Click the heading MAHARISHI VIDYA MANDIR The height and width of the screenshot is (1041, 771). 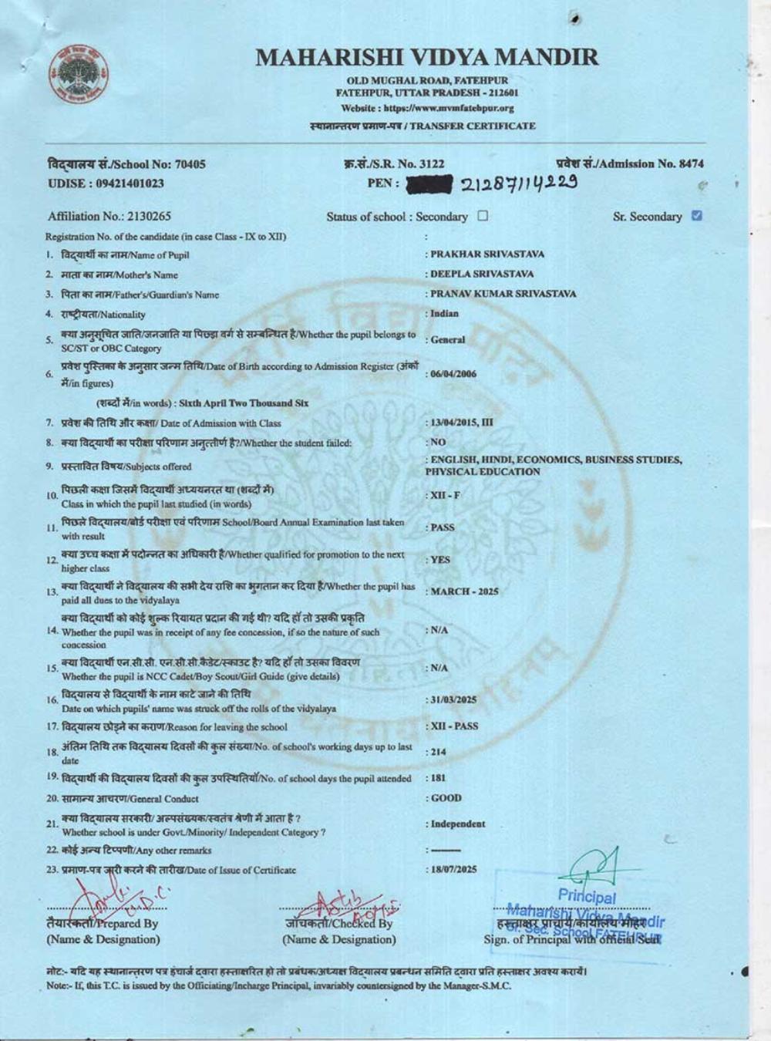[426, 57]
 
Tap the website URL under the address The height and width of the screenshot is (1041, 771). [427, 109]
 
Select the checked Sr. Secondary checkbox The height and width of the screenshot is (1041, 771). [697, 216]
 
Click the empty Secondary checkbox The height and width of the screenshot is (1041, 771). [483, 216]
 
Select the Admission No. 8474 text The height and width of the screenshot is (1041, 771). [629, 163]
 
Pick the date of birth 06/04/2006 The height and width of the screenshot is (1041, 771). [453, 374]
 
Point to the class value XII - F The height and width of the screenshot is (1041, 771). [444, 495]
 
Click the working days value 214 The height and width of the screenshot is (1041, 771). [438, 752]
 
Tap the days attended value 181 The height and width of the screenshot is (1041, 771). [437, 778]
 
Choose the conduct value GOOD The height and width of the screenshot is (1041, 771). [446, 798]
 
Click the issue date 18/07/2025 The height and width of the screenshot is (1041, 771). [453, 869]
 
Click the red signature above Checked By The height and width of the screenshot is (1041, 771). [339, 906]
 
